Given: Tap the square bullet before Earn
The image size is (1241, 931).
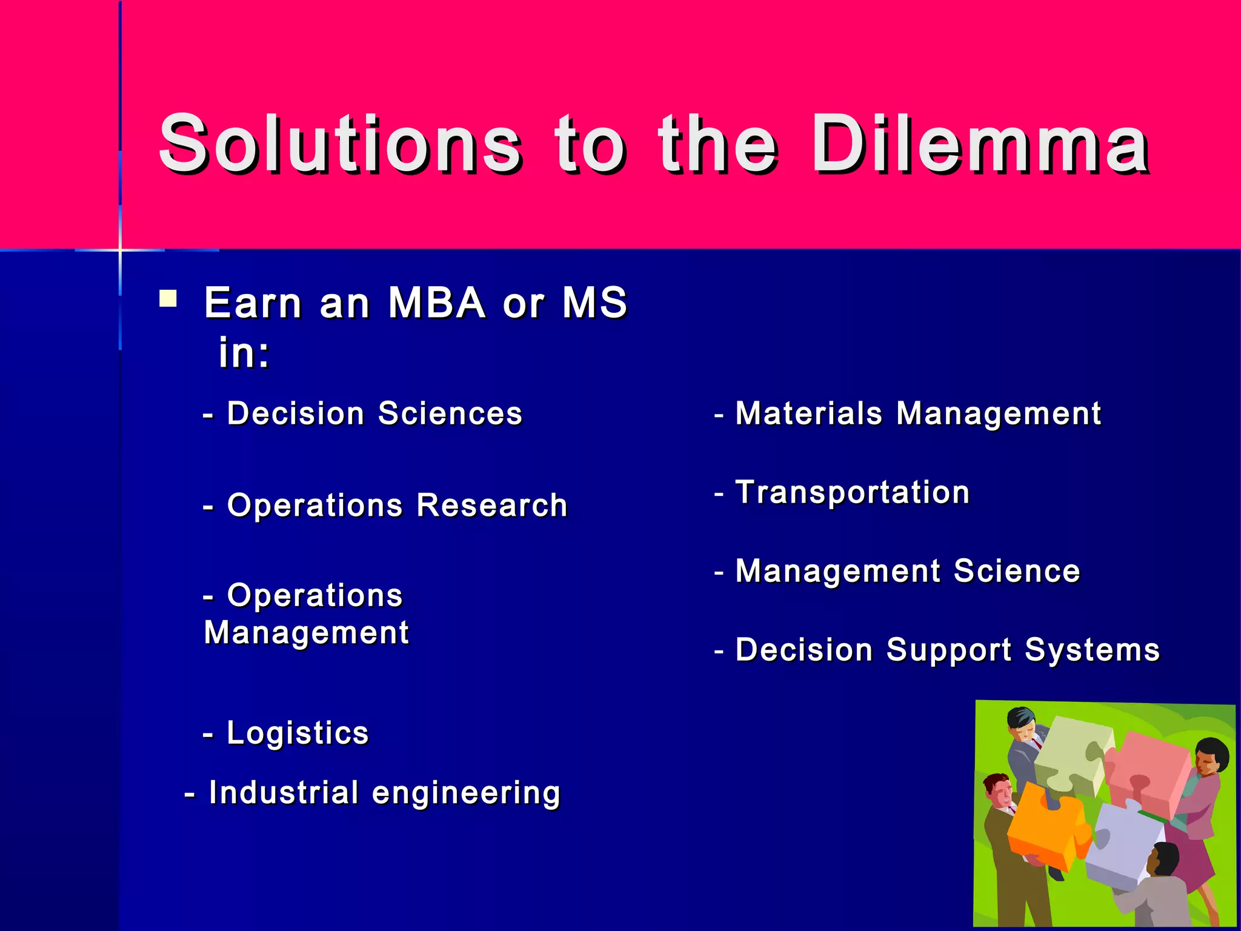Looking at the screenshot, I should point(168,299).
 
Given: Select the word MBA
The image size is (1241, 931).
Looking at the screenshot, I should point(436,302).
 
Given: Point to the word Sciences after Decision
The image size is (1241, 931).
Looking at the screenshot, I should point(450,414).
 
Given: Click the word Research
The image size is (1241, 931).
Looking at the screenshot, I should point(492,506).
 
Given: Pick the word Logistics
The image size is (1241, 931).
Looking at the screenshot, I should point(298,733).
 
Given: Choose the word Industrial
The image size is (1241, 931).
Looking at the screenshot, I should point(284,793).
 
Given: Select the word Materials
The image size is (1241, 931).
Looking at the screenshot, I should point(808,414).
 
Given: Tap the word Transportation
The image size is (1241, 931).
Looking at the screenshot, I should point(852,492).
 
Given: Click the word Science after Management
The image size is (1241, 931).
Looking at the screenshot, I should point(1016,572).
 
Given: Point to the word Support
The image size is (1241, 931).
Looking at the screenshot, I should point(948,650).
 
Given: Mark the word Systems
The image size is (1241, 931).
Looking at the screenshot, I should point(1092,650).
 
